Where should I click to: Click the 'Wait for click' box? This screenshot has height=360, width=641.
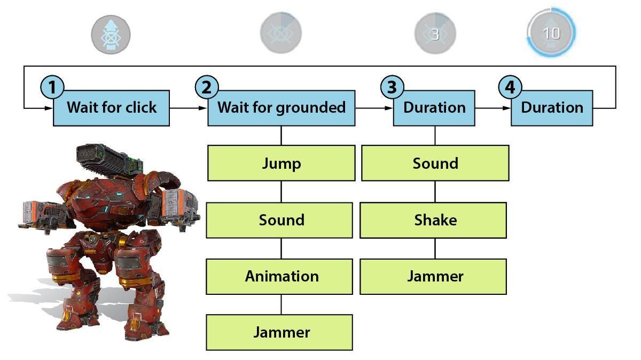[x=111, y=108]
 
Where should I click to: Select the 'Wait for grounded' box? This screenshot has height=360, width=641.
[x=281, y=108]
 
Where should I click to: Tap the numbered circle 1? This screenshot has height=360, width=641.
[x=52, y=87]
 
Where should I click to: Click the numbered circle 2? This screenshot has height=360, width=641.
[x=207, y=87]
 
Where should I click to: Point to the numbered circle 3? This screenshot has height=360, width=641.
[x=392, y=87]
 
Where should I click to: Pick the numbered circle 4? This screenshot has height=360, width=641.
[x=510, y=87]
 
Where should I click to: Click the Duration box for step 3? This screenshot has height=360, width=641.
[x=434, y=108]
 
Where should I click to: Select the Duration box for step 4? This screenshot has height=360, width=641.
[x=552, y=108]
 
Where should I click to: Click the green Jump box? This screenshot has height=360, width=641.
[x=281, y=163]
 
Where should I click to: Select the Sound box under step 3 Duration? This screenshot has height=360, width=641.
[x=435, y=163]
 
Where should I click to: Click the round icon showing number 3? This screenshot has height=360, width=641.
[x=435, y=34]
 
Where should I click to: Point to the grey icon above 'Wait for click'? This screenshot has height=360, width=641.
[x=111, y=35]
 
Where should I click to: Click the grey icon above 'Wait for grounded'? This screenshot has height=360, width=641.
[x=281, y=34]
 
